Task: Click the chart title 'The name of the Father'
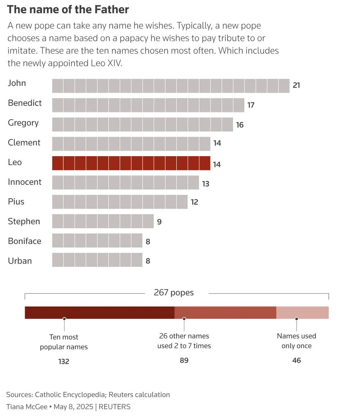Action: [x=68, y=10]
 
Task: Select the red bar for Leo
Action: [x=131, y=163]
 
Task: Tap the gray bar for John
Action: [x=171, y=86]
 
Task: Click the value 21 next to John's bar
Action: [x=296, y=85]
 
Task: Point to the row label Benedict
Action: [x=25, y=103]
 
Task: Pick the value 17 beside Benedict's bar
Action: [x=251, y=105]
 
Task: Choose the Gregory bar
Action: [x=142, y=124]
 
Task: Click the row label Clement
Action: [x=24, y=142]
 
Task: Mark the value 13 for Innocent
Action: [x=206, y=184]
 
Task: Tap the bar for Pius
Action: [x=120, y=202]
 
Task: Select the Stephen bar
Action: [x=103, y=221]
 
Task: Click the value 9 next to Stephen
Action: [x=159, y=222]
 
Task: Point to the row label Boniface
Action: [x=24, y=241]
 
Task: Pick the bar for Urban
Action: [x=97, y=260]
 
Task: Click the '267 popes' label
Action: [x=174, y=293]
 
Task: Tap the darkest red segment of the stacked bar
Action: [x=99, y=312]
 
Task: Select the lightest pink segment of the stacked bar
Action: [x=302, y=312]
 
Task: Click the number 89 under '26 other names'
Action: [x=184, y=360]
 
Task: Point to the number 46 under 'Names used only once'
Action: [x=296, y=360]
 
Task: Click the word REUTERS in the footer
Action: [x=114, y=407]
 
